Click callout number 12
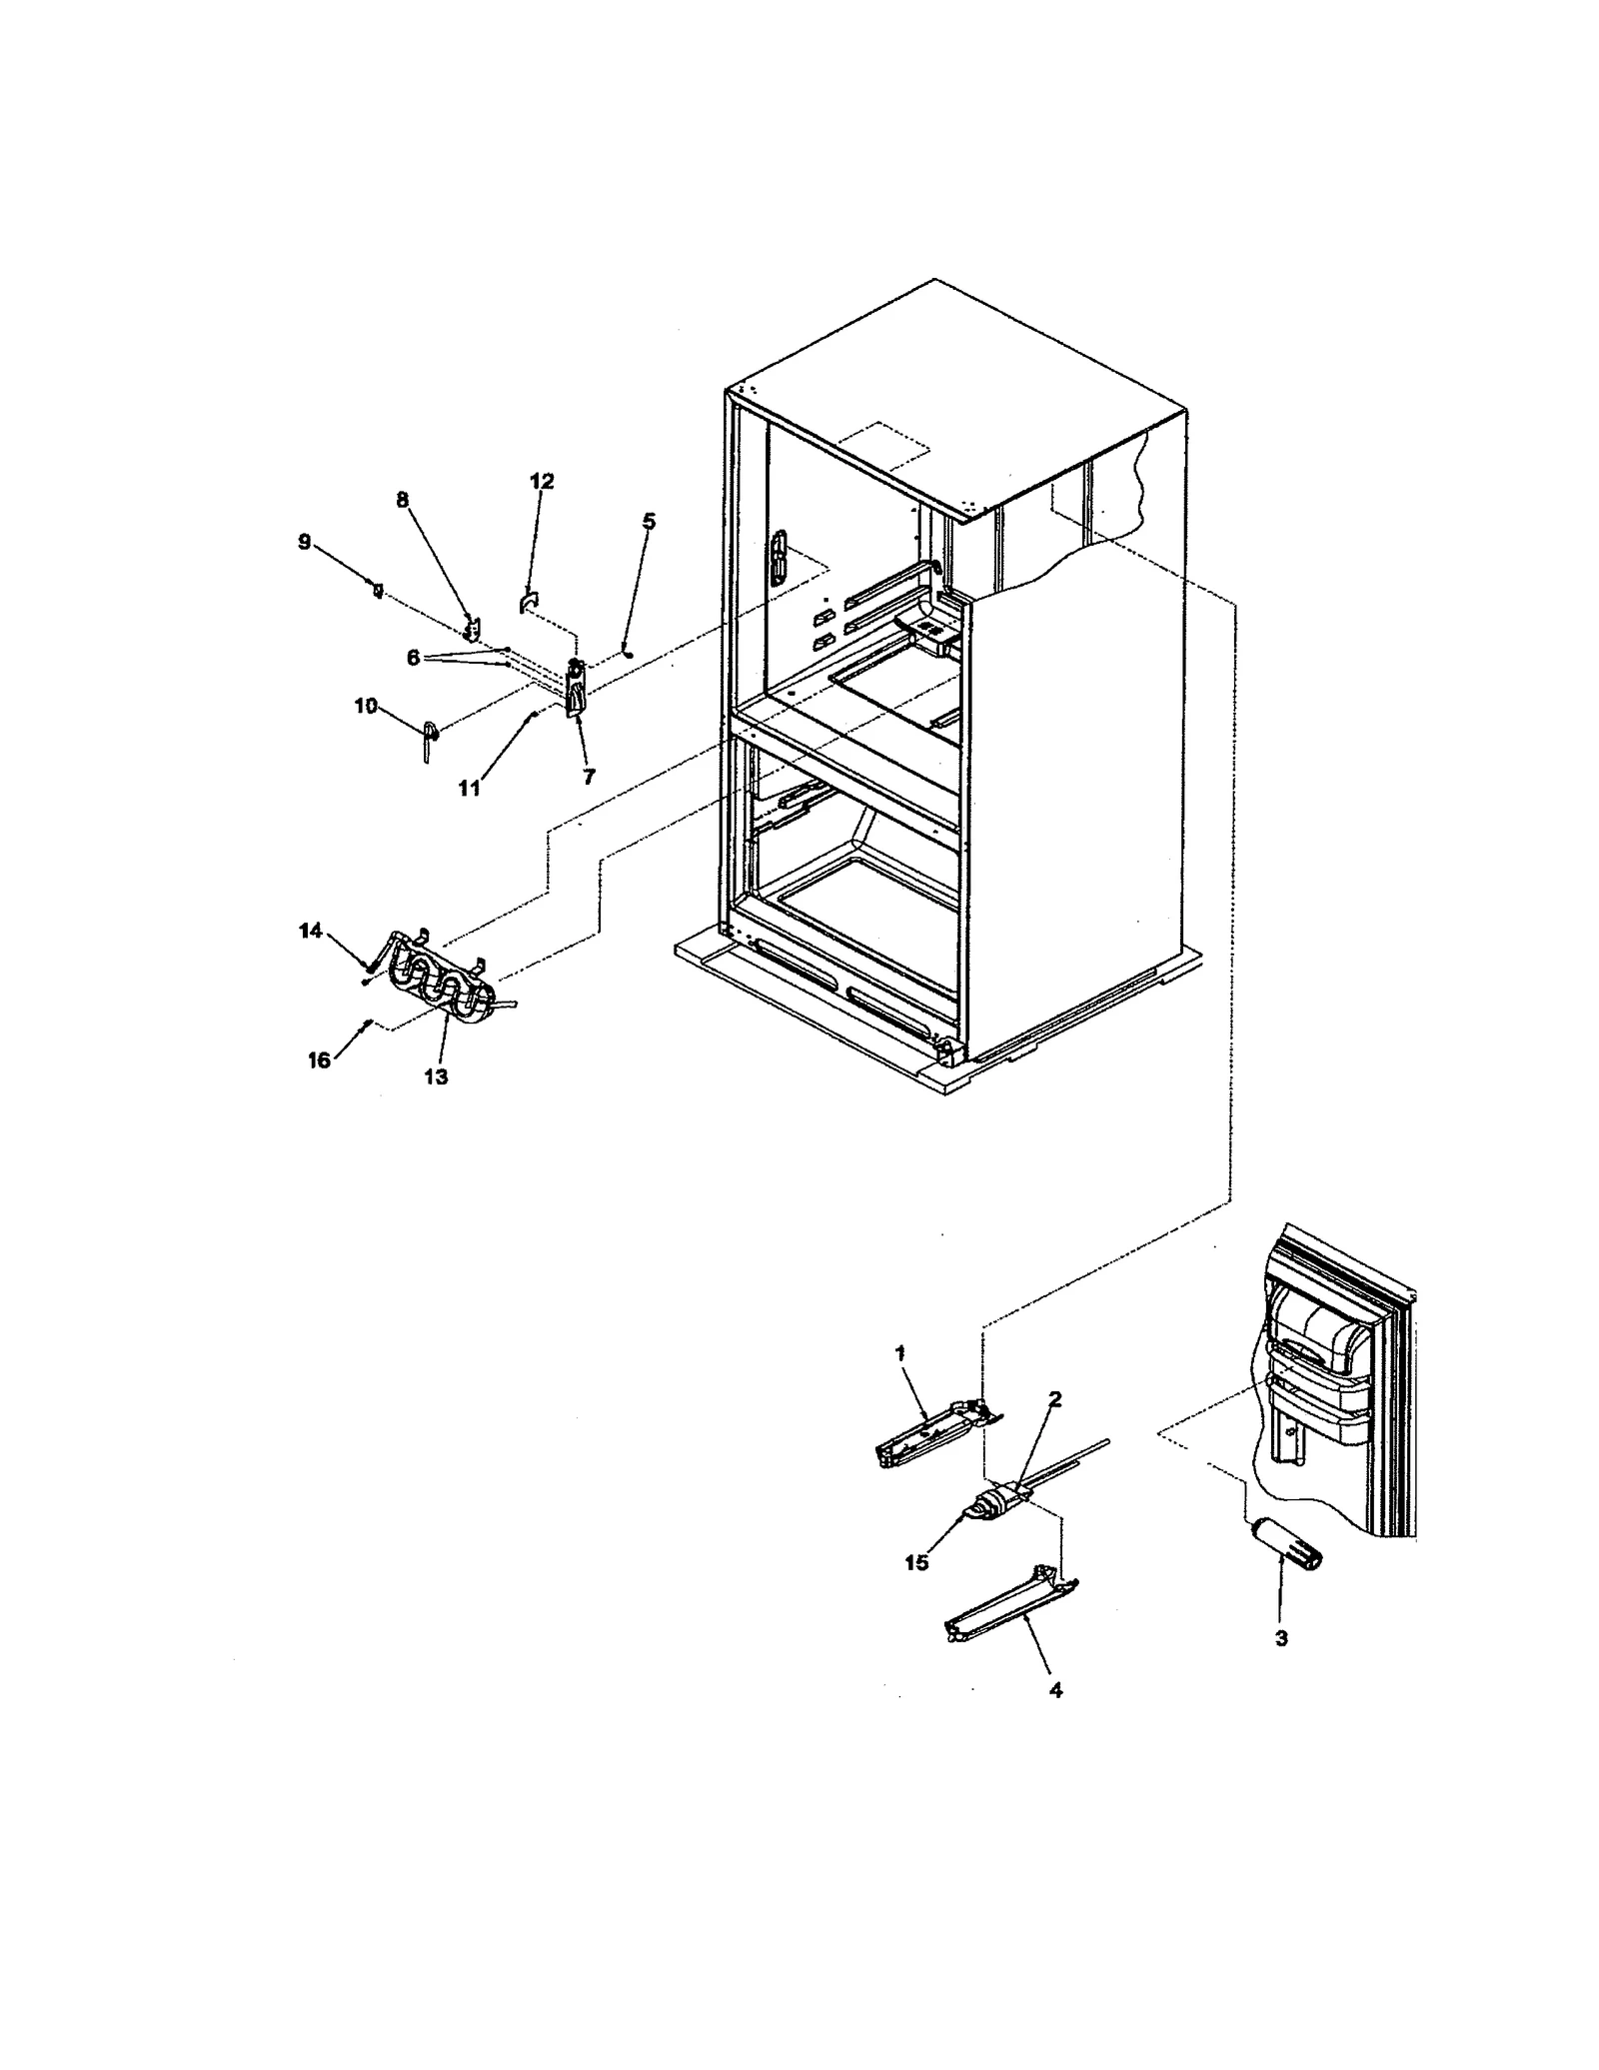[541, 481]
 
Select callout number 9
[304, 542]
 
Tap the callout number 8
[402, 500]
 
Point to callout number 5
[649, 521]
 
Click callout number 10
[366, 706]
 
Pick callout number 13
[436, 1076]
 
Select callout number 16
[318, 1060]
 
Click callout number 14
[310, 931]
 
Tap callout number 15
[916, 1562]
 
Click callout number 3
[1281, 1638]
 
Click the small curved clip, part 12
[528, 603]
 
